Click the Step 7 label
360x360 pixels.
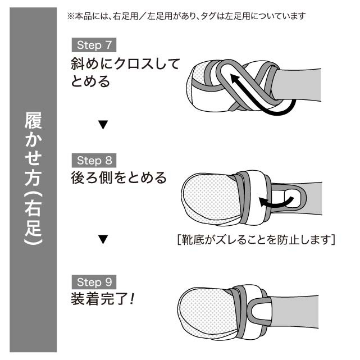[94, 45]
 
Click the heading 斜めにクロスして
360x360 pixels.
[125, 64]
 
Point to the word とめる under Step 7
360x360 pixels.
[91, 82]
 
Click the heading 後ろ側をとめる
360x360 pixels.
[119, 178]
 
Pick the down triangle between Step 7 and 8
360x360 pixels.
[102, 124]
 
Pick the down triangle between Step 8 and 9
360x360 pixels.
[102, 240]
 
